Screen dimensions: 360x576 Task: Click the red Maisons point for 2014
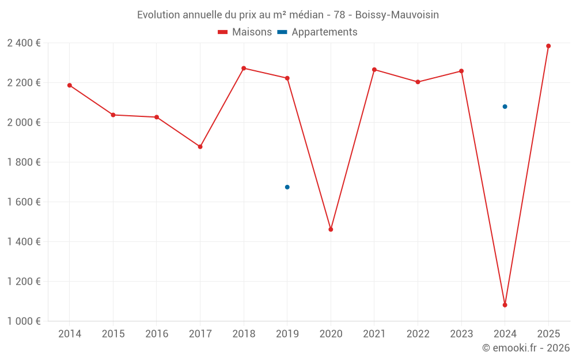click(70, 85)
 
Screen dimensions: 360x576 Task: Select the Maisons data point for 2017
click(200, 147)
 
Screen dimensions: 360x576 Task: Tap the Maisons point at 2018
click(244, 69)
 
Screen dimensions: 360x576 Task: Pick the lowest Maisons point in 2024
click(505, 305)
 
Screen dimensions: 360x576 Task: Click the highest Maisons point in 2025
click(548, 46)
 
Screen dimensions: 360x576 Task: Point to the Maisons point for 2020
click(331, 229)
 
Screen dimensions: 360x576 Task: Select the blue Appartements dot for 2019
click(287, 187)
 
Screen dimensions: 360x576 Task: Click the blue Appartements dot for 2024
click(505, 107)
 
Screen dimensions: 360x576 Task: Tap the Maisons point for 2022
click(418, 82)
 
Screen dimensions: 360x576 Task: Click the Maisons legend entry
click(245, 32)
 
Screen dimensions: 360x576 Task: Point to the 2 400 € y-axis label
click(24, 43)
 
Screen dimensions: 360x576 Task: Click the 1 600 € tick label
click(24, 202)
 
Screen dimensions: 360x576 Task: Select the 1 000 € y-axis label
click(24, 321)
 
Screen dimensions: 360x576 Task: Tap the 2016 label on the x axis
click(157, 334)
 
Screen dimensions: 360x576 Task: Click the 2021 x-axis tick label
click(374, 334)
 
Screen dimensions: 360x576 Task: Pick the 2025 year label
click(548, 334)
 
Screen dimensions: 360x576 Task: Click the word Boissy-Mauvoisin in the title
click(397, 15)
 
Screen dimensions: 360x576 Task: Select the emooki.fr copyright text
click(525, 348)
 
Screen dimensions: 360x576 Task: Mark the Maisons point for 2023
click(461, 71)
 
